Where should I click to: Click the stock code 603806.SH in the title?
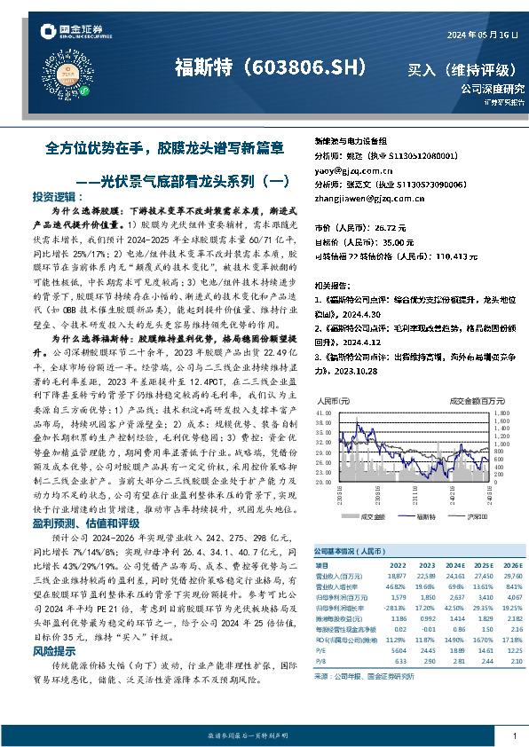coord(303,67)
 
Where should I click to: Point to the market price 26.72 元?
coord(390,227)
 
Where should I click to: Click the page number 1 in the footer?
coord(514,735)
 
